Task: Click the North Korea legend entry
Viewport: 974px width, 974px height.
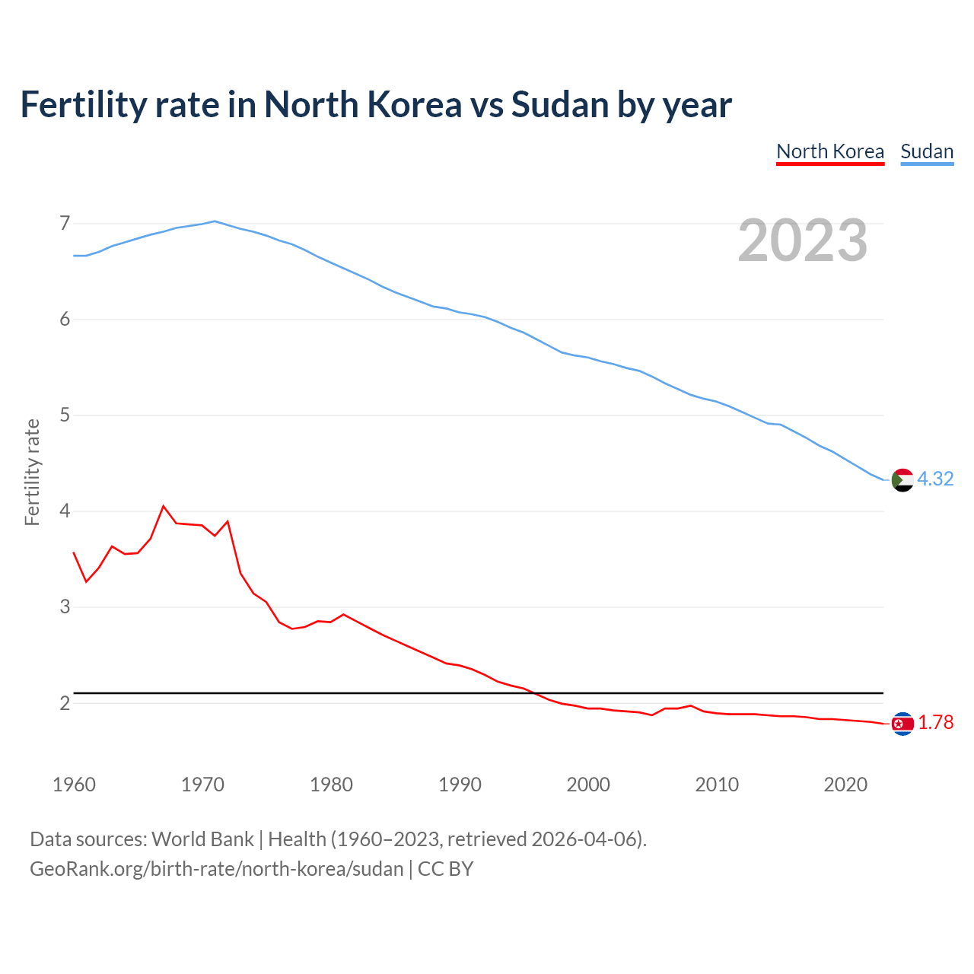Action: [x=829, y=151]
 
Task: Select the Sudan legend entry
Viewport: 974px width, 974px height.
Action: [x=926, y=151]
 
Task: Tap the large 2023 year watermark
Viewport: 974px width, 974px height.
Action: [x=802, y=240]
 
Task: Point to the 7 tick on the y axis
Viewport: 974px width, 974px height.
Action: [x=65, y=224]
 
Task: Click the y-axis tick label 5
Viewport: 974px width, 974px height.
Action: [x=65, y=415]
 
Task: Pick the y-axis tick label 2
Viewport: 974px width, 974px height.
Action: [x=65, y=703]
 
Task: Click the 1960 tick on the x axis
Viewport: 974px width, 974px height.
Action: [x=74, y=785]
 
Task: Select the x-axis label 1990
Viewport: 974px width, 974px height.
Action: [x=460, y=785]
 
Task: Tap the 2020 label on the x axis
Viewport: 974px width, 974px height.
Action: [x=845, y=785]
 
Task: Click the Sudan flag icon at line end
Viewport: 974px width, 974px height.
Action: [x=902, y=480]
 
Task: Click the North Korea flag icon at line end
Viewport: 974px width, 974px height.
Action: [x=902, y=724]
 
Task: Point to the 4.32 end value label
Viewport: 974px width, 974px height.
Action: [x=935, y=479]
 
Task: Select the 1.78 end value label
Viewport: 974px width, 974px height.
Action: [x=935, y=723]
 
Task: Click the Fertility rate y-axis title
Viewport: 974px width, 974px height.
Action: [x=32, y=472]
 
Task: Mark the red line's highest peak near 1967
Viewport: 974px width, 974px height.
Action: [x=164, y=506]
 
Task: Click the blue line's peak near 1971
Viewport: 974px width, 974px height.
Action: [x=215, y=221]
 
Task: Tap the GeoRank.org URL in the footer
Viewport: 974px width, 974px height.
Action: [x=216, y=869]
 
